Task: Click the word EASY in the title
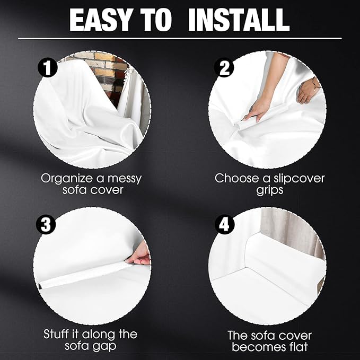[100, 20]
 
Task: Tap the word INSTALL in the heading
[239, 20]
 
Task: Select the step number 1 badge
[48, 67]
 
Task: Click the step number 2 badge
[224, 67]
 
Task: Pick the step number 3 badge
[46, 224]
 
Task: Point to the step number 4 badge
[225, 224]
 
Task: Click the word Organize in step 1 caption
[67, 179]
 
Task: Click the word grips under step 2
[270, 190]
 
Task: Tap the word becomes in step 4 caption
[258, 346]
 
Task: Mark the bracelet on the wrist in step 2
[315, 84]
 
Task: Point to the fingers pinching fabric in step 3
[139, 256]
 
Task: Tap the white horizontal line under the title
[180, 38]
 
